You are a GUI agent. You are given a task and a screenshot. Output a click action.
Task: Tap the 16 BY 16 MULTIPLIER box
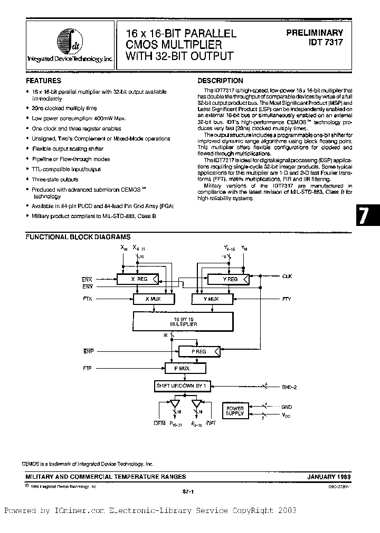[x=183, y=321]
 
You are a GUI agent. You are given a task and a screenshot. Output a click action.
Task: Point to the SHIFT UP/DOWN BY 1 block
[x=182, y=386]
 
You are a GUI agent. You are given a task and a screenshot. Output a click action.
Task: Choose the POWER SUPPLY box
[x=235, y=411]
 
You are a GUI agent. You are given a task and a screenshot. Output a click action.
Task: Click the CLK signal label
[x=287, y=276]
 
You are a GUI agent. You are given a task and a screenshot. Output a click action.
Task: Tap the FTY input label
[x=287, y=299]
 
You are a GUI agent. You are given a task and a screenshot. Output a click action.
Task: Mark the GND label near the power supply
[x=287, y=407]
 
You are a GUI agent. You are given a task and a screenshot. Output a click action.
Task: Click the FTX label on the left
[x=87, y=299]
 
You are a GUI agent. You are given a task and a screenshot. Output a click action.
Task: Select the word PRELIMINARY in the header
[x=315, y=33]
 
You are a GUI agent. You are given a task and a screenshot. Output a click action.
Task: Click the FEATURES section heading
[x=43, y=81]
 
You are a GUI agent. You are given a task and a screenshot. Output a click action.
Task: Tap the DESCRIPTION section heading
[x=220, y=81]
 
